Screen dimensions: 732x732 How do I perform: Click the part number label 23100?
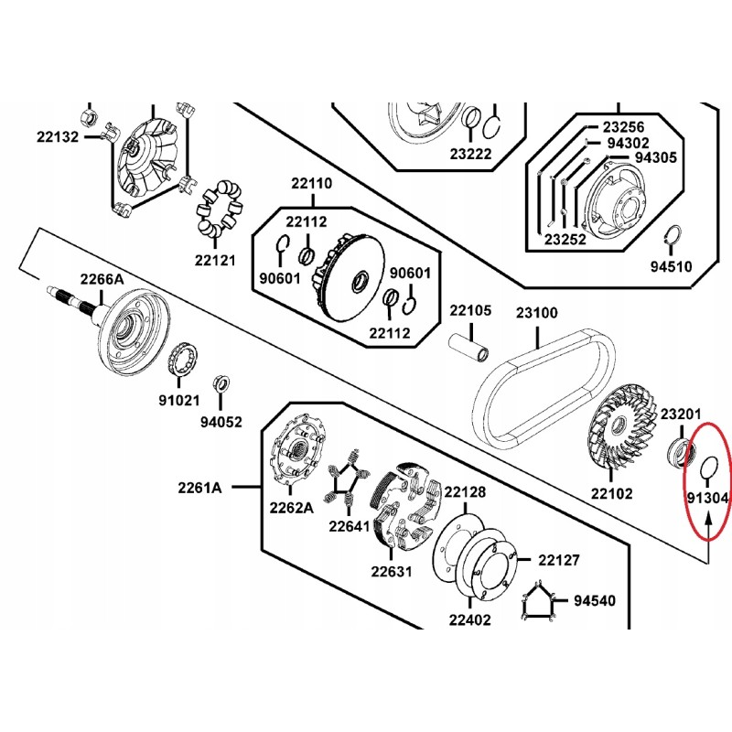(536, 312)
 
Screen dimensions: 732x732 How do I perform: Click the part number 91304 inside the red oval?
(706, 499)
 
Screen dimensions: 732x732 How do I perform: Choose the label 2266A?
(101, 278)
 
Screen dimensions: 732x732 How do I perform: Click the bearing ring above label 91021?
(188, 354)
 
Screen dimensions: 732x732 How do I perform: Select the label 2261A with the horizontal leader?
(200, 488)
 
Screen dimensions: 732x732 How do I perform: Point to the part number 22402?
(470, 619)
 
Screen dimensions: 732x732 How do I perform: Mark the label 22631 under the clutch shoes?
(392, 572)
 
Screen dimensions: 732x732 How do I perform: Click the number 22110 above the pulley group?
(312, 184)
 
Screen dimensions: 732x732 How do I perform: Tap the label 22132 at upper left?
(59, 136)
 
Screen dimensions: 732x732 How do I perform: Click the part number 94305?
(655, 157)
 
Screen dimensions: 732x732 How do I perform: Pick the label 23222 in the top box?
(471, 155)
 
